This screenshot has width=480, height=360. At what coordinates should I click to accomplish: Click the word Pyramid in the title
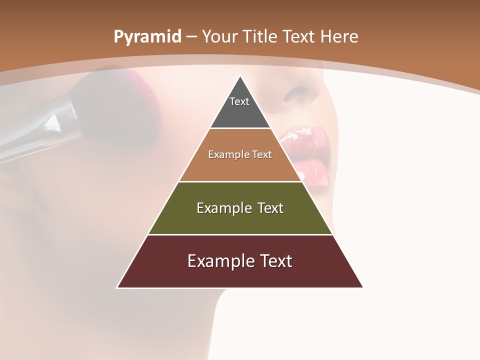point(147,37)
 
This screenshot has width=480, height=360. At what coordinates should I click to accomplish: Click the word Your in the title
point(219,36)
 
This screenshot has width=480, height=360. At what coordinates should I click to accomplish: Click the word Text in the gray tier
point(239,101)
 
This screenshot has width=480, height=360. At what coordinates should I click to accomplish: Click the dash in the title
point(191,37)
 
